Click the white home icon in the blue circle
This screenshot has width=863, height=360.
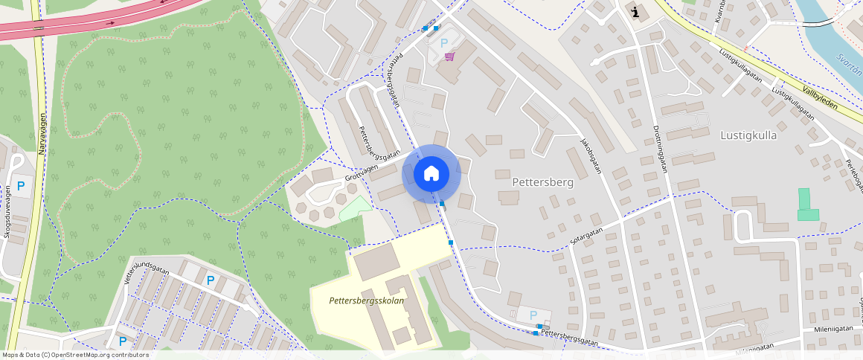point(431,173)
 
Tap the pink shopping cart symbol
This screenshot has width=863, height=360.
point(449,57)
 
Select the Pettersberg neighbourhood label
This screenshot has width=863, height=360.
point(543,181)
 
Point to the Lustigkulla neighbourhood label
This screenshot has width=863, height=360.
point(748,135)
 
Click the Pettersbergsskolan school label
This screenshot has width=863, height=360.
point(368,300)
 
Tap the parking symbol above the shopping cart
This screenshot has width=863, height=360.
point(444,43)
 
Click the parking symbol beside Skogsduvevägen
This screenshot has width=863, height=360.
point(21,187)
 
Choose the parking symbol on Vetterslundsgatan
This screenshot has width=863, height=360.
point(211,280)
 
